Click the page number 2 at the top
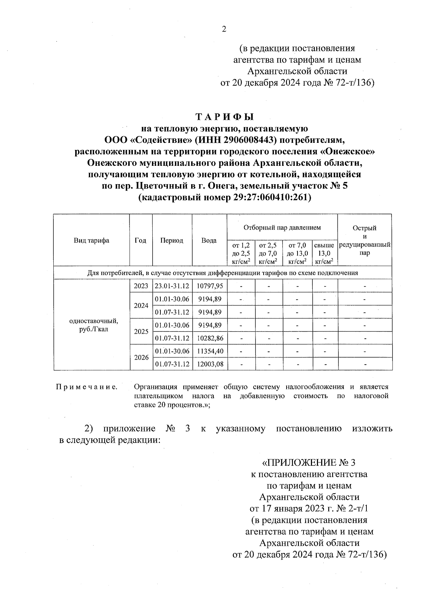tap(224, 29)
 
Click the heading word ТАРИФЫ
tap(225, 116)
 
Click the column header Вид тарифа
tap(92, 240)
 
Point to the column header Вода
tap(209, 240)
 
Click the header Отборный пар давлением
tap(282, 227)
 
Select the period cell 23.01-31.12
tap(172, 286)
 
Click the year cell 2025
tap(141, 332)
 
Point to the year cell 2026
tap(141, 357)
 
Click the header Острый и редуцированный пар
tap(364, 240)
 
